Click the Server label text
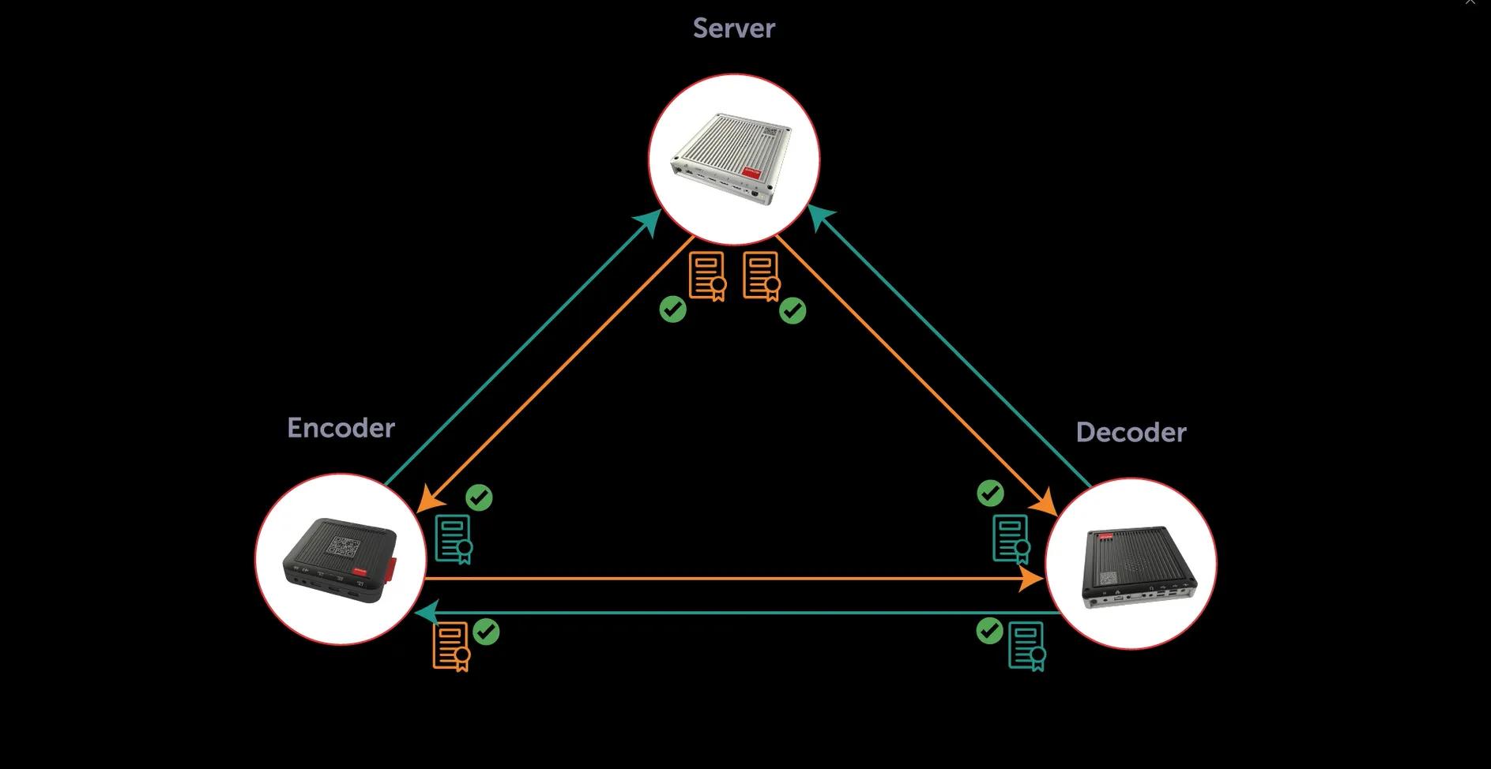pos(733,28)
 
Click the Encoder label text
pos(341,428)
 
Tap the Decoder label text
pos(1131,433)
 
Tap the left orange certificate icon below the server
pos(706,276)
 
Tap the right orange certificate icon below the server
pos(761,276)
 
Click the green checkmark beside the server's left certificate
pos(672,309)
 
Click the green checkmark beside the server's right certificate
pos(793,311)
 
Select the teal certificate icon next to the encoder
pos(454,539)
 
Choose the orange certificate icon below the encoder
pos(451,647)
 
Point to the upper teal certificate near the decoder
pos(1011,539)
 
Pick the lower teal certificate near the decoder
pos(1026,646)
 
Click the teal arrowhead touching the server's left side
pos(649,223)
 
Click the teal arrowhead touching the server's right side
pos(822,217)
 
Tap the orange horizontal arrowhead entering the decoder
pos(1032,580)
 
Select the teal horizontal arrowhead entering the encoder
pos(427,613)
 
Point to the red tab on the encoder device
pos(392,568)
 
